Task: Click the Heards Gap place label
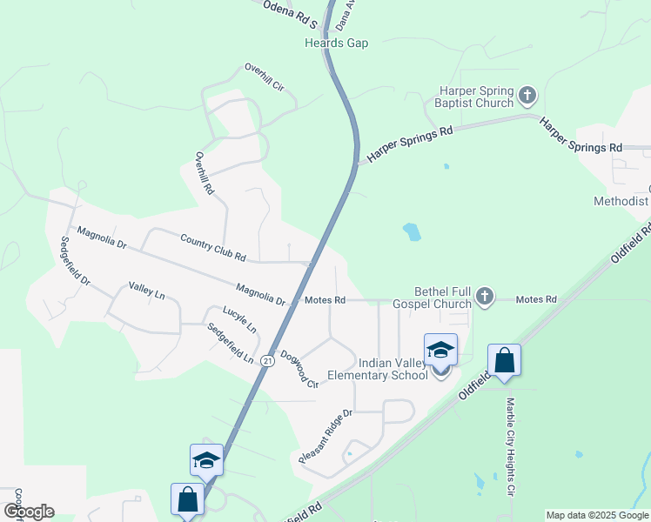(336, 43)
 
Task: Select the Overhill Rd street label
(204, 171)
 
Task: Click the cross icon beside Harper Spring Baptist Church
(527, 94)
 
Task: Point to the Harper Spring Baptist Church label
(476, 97)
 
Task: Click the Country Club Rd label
(213, 247)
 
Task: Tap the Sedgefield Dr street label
(76, 261)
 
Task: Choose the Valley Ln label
(146, 291)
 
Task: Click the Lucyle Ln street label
(239, 320)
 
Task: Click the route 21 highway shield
(267, 360)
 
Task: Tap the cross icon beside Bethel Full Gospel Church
(485, 298)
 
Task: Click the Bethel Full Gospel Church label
(432, 298)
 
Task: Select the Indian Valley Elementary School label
(378, 369)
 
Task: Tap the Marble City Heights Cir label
(512, 447)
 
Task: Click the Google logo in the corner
(28, 512)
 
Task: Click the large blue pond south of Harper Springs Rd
(412, 231)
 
